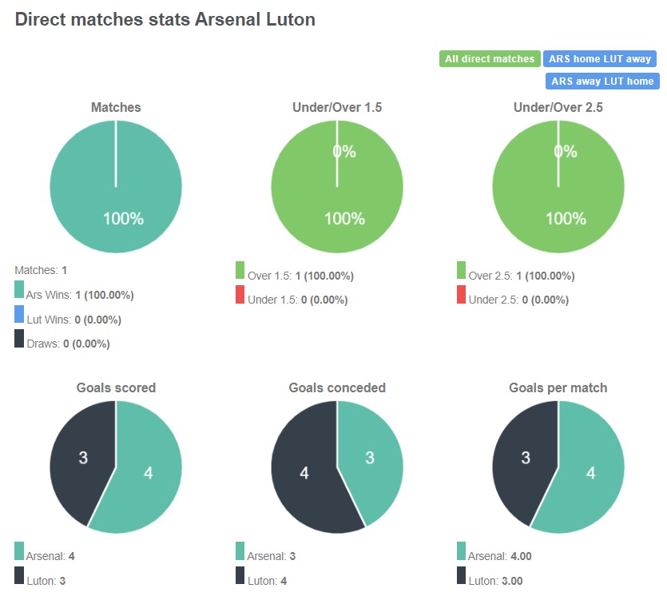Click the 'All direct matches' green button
point(490,59)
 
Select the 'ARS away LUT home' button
point(602,81)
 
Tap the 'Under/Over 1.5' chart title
point(336,107)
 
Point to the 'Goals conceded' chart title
point(336,387)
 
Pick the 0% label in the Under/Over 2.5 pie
point(565,152)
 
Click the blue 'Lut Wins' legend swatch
point(19,314)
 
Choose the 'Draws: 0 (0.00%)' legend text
point(68,344)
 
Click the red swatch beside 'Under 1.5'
point(240,294)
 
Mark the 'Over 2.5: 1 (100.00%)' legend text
point(521,276)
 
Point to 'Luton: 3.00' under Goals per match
point(495,581)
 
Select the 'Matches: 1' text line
point(41,270)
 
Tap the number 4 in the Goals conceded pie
point(304,474)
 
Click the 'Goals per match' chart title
point(558,387)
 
